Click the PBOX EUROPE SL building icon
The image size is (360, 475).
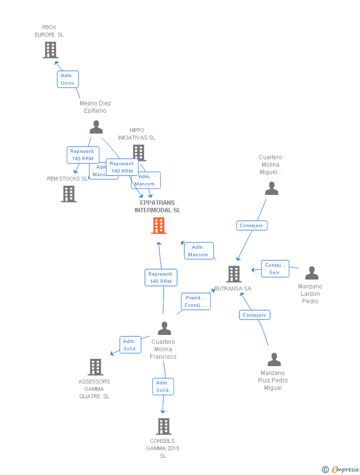[50, 50]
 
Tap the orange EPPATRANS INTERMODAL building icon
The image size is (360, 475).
[158, 226]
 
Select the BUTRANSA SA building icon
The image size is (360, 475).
[233, 274]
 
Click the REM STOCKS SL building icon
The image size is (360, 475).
[69, 194]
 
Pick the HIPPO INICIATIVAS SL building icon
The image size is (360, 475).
[139, 152]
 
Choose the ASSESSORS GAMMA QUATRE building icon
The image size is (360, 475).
[95, 367]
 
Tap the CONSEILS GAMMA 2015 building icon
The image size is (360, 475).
[163, 427]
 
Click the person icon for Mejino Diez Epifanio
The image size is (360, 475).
[96, 127]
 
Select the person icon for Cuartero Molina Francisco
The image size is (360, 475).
[164, 328]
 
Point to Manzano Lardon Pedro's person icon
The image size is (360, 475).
[312, 273]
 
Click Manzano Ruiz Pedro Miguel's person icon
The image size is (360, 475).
[274, 360]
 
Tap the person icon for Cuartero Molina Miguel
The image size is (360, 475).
[271, 189]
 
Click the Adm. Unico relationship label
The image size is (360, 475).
[68, 79]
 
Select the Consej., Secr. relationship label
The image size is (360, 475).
[275, 269]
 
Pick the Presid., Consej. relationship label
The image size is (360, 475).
[195, 301]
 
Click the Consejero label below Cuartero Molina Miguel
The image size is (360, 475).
[252, 226]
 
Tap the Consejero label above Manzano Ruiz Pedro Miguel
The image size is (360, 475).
[255, 315]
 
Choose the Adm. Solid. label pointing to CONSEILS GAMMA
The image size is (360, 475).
[163, 386]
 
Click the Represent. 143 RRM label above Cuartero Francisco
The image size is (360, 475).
[161, 278]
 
